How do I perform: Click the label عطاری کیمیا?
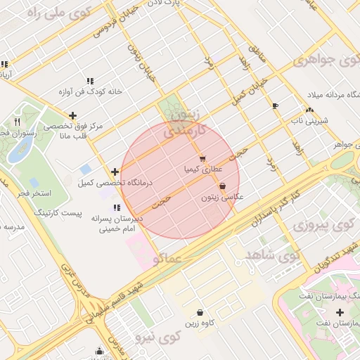pyautogui.click(x=202, y=169)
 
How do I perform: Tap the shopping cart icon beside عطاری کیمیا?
pyautogui.click(x=202, y=158)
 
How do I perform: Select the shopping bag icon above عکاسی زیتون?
pyautogui.click(x=223, y=186)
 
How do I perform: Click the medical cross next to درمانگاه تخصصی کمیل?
pyautogui.click(x=115, y=172)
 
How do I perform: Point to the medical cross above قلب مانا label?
pyautogui.click(x=72, y=115)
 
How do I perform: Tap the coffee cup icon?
pyautogui.click(x=274, y=106)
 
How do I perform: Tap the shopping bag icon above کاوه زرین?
pyautogui.click(x=200, y=312)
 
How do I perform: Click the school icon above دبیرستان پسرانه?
pyautogui.click(x=116, y=207)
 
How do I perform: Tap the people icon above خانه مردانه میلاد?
pyautogui.click(x=309, y=109)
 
